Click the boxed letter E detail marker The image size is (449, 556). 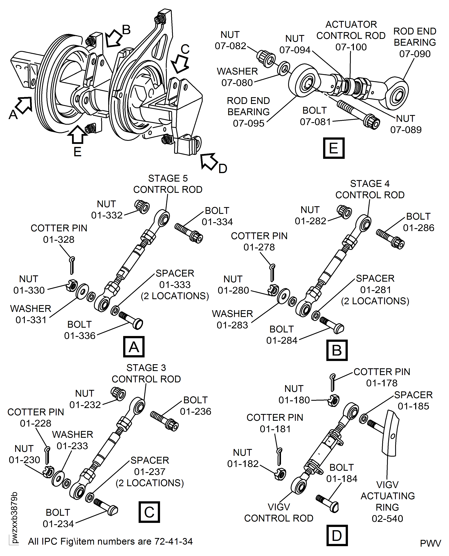[x=334, y=148]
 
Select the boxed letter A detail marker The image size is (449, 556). [x=134, y=347]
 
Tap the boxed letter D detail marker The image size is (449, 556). [x=337, y=535]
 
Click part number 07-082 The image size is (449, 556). [x=231, y=46]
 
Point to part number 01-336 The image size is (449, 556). [x=80, y=336]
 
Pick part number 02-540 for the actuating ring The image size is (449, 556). [x=387, y=518]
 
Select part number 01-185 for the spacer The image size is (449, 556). [x=413, y=406]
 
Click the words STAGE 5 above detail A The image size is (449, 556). [x=168, y=178]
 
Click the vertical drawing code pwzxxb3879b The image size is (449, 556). [x=14, y=517]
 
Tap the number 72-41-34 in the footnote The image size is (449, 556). [x=173, y=541]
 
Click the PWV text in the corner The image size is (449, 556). [x=430, y=543]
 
